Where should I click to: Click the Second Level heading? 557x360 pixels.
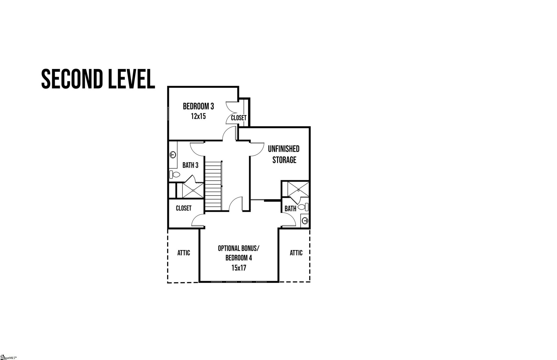click(x=98, y=79)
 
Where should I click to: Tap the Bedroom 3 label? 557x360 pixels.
click(x=198, y=106)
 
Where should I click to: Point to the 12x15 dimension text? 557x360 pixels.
click(x=198, y=117)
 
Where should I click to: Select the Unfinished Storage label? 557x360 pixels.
click(x=284, y=154)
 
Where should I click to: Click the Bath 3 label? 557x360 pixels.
click(x=190, y=165)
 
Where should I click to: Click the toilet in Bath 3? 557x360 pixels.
click(x=174, y=175)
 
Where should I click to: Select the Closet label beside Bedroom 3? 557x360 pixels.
click(x=238, y=118)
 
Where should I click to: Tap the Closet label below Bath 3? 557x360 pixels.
click(x=184, y=208)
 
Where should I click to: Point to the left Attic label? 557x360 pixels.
click(x=183, y=253)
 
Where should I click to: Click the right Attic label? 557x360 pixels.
click(x=296, y=253)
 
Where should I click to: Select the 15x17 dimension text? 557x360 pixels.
click(x=238, y=268)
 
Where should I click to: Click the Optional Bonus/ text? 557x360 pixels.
click(x=238, y=249)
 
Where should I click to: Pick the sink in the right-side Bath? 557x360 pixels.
click(x=305, y=221)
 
